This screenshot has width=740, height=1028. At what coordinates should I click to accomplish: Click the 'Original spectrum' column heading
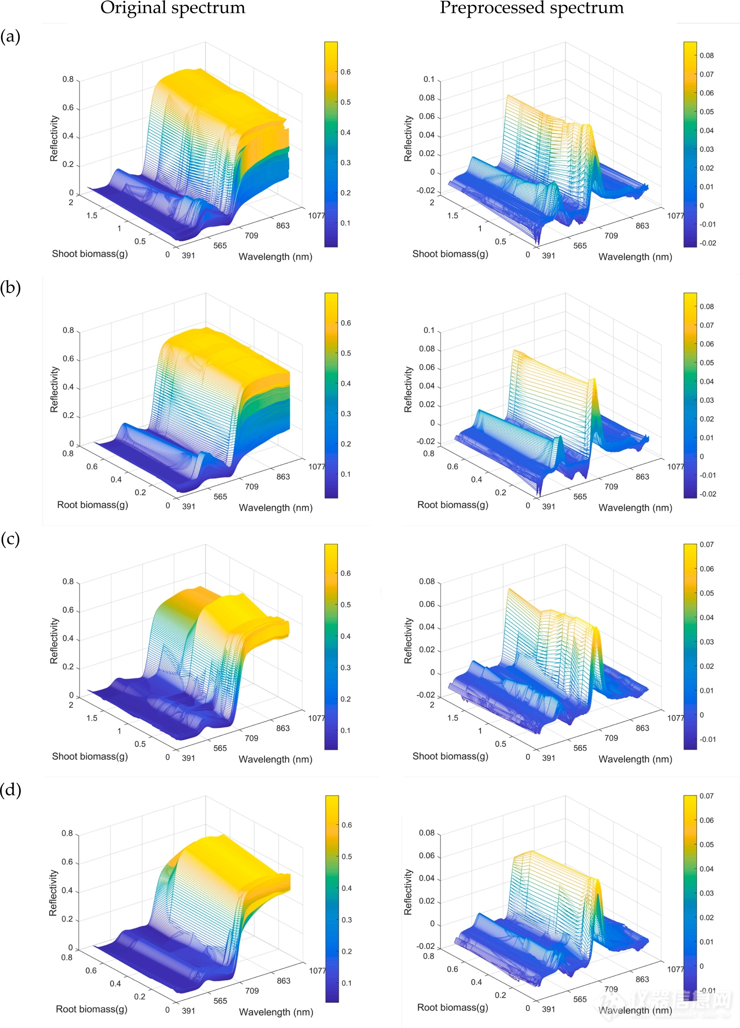(x=172, y=8)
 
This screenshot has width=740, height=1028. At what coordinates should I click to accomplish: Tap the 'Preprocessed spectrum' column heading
(x=532, y=8)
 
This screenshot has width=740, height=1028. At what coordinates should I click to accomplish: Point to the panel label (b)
(x=10, y=288)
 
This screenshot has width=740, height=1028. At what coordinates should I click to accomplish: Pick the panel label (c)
(x=10, y=539)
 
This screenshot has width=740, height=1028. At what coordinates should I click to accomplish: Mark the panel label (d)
(x=10, y=790)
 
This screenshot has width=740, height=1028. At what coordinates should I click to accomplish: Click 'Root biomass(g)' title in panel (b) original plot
(x=92, y=505)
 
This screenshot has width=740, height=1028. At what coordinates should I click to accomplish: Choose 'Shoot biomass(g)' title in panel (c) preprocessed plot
(x=450, y=756)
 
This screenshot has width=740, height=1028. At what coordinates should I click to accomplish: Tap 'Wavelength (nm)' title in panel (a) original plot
(x=275, y=257)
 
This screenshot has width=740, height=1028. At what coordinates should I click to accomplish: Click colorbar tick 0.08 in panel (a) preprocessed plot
(x=707, y=56)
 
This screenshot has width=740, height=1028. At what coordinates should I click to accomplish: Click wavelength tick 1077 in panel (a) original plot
(x=316, y=216)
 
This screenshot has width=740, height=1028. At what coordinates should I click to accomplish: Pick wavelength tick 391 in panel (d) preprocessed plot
(x=549, y=1009)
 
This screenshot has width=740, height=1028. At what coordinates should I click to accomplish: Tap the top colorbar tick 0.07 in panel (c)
(x=707, y=545)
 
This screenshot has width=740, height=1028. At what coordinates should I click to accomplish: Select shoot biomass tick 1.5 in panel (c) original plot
(x=92, y=718)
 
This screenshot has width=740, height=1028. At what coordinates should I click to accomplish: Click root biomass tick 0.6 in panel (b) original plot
(x=92, y=467)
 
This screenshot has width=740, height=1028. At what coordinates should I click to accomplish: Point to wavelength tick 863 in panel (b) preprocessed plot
(x=642, y=477)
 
